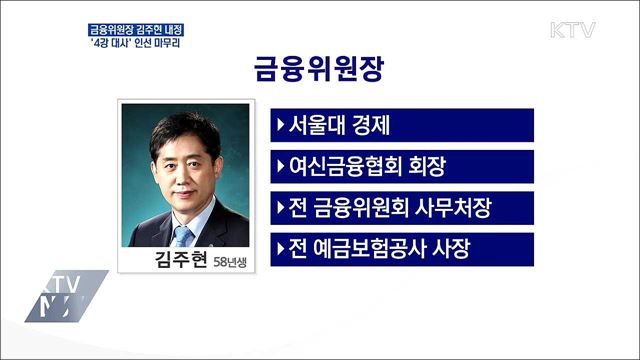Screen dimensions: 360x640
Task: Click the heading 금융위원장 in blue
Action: tap(320, 71)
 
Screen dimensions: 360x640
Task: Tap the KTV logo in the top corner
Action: tap(572, 29)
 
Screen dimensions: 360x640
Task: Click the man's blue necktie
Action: tap(183, 236)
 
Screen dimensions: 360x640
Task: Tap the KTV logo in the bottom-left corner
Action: tap(65, 294)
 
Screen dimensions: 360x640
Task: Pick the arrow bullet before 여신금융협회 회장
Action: tap(279, 166)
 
